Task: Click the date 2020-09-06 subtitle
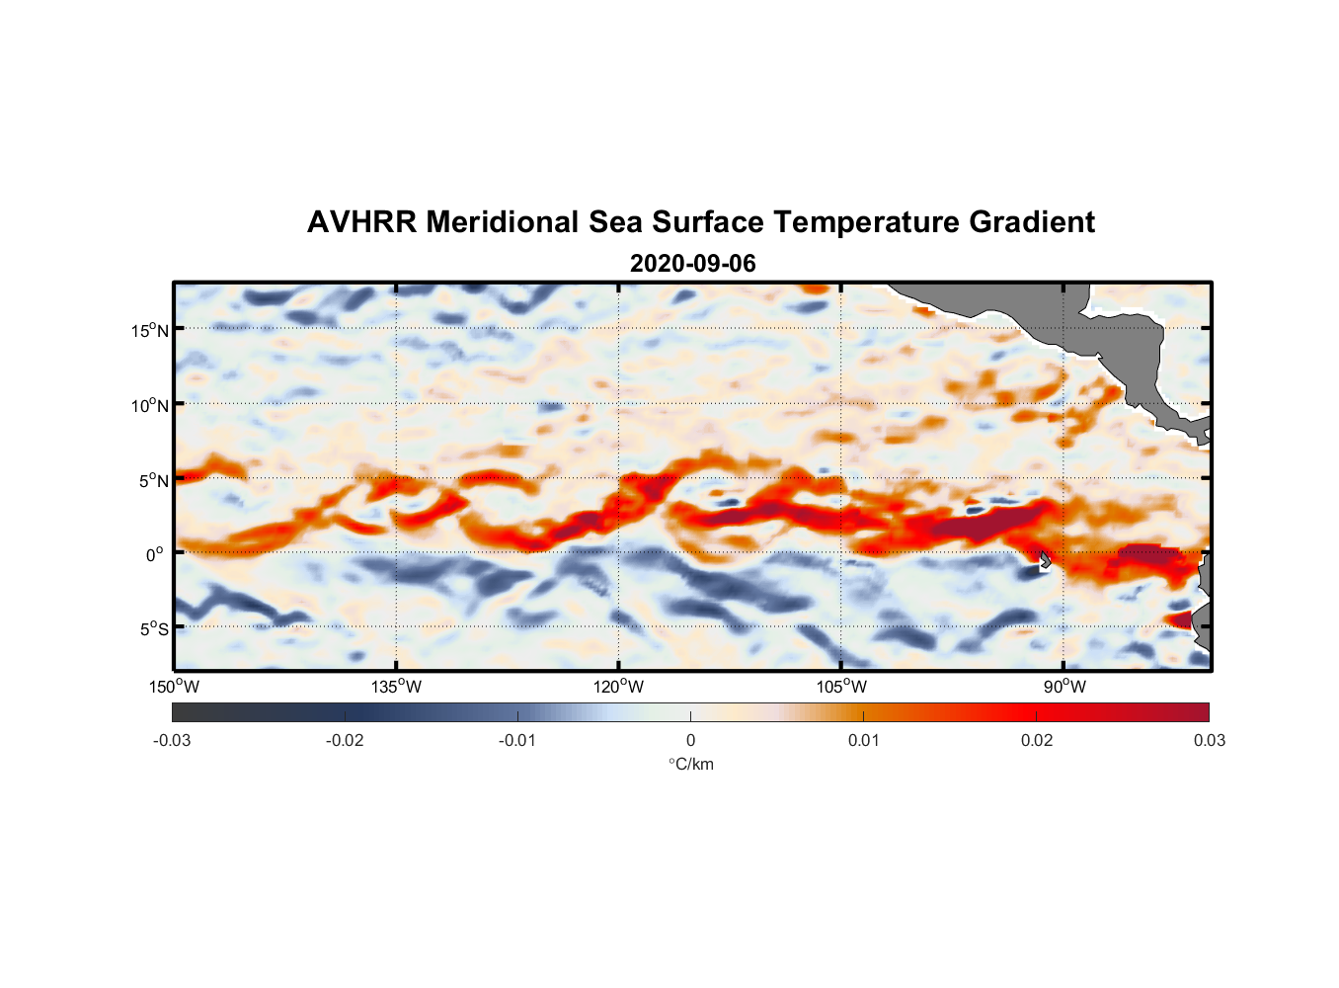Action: click(x=692, y=264)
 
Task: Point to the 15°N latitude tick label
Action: click(x=150, y=330)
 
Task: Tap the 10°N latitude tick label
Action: click(x=150, y=405)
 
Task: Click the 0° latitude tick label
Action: click(x=155, y=554)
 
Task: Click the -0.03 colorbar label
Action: click(x=172, y=741)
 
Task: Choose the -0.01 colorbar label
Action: click(x=516, y=741)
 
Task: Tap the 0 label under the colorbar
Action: click(x=690, y=741)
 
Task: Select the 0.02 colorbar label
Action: click(x=1037, y=741)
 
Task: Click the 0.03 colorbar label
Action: click(x=1209, y=741)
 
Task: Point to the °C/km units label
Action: click(x=691, y=765)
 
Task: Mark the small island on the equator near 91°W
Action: click(x=1045, y=560)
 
